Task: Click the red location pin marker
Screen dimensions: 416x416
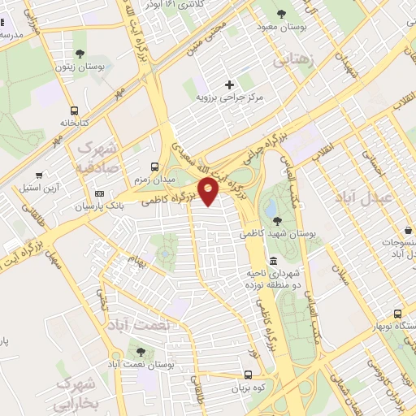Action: point(209,192)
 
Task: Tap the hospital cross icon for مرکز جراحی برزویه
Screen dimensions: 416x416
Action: point(229,84)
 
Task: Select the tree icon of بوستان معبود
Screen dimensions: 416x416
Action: point(281,14)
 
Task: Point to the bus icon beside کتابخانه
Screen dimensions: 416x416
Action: point(74,110)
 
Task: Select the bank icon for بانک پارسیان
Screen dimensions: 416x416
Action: point(100,193)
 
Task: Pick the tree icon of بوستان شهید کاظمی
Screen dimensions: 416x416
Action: point(278,220)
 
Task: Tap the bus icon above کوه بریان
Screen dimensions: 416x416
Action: point(249,375)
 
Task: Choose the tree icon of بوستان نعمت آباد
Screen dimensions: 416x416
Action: point(141,352)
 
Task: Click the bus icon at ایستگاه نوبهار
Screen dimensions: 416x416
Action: point(397,313)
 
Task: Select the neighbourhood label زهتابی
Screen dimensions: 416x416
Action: point(291,59)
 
